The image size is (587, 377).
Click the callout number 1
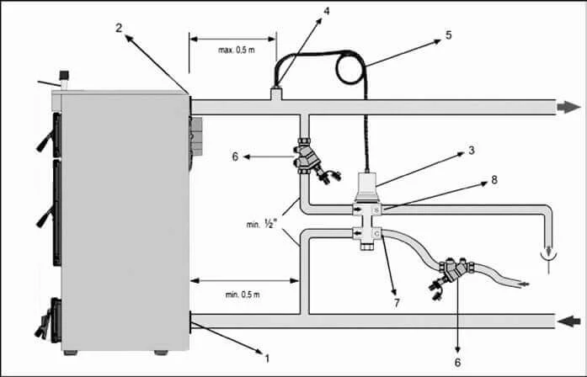pos(267,357)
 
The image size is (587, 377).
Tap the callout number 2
pos(120,28)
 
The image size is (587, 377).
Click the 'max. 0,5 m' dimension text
pos(236,50)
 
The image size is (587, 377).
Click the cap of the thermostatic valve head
pos(367,181)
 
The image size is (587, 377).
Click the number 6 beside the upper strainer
pos(237,156)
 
